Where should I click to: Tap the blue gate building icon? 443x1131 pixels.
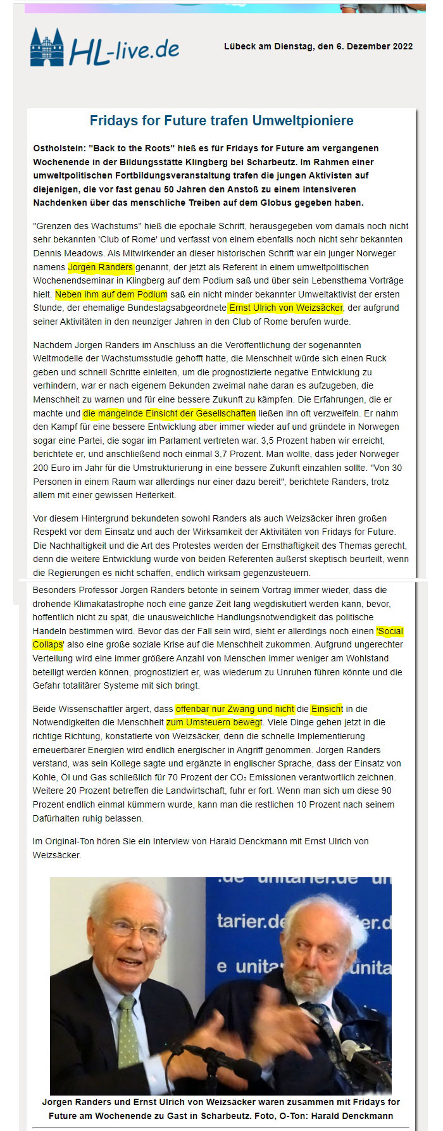tap(47, 47)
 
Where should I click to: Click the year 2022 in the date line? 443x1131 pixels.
tap(401, 46)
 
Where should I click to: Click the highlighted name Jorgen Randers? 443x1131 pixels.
tap(101, 267)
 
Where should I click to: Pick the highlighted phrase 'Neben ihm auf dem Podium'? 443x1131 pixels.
tap(111, 294)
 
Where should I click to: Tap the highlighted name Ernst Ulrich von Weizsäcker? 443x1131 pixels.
tap(285, 308)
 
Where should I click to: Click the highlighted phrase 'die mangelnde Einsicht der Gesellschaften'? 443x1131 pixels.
tap(170, 413)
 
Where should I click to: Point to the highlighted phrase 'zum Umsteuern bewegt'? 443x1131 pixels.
tap(214, 722)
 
